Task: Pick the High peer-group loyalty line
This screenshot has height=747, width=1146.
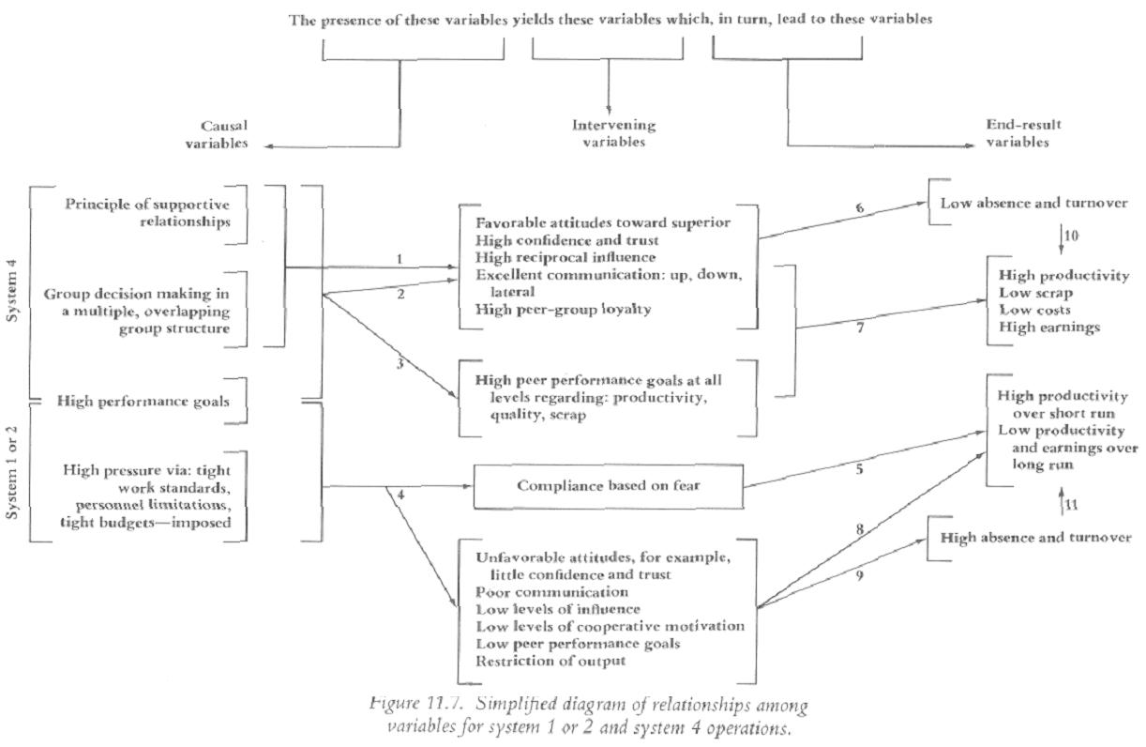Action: [550, 310]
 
